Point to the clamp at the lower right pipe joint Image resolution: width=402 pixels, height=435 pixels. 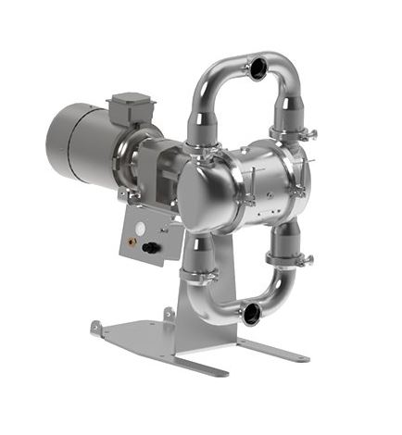coord(283,259)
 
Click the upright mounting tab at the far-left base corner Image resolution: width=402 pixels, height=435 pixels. coord(96,329)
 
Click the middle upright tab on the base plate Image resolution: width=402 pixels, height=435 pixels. coord(168,315)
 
